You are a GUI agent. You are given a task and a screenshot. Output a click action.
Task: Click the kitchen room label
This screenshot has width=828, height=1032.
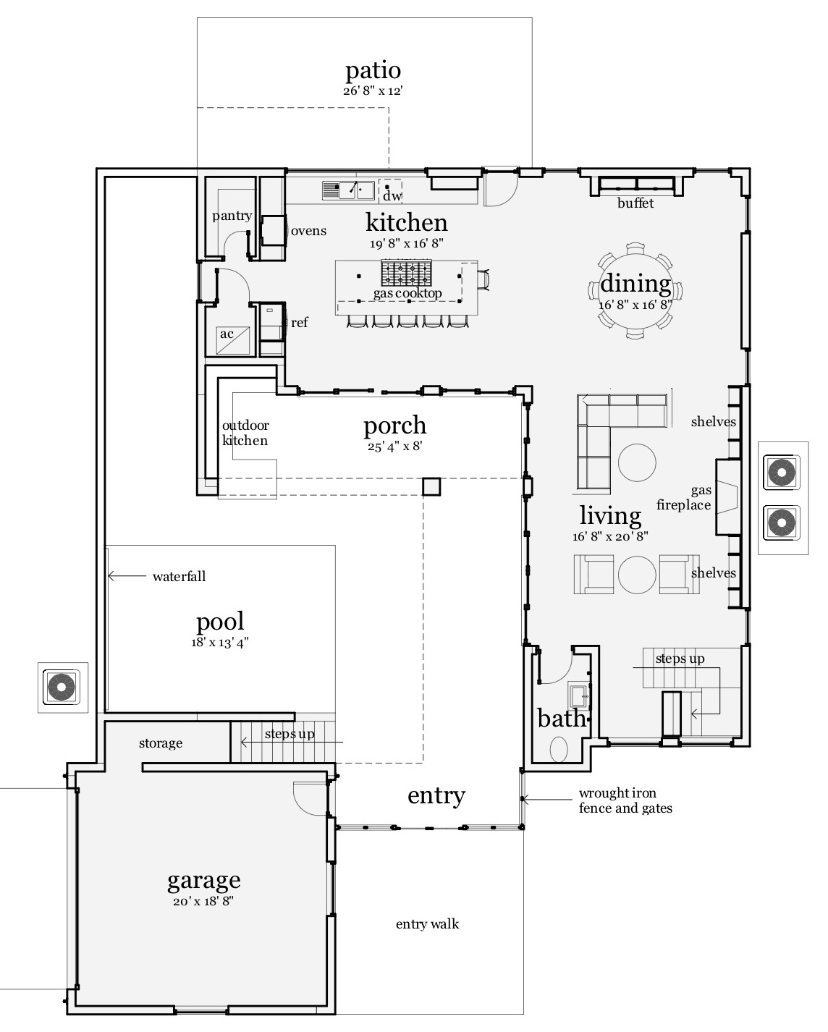pos(406,221)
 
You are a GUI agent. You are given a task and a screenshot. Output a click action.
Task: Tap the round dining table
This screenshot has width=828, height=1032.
pos(635,291)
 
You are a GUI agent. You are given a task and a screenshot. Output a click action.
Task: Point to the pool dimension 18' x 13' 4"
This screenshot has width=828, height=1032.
pos(220,642)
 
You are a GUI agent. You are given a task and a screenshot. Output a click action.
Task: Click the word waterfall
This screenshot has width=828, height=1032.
pos(179,577)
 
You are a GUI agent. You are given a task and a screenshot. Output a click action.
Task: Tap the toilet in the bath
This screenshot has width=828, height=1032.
pos(559,748)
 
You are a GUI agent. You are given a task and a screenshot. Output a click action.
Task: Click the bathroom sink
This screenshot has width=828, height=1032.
pos(579,697)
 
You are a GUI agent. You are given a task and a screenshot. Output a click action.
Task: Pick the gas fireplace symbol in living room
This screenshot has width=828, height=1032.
pos(727,497)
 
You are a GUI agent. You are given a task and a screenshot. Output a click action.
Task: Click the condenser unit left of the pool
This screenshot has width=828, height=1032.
pos(62,687)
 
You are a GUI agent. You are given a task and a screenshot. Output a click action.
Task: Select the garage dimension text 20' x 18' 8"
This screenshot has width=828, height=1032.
pos(203,902)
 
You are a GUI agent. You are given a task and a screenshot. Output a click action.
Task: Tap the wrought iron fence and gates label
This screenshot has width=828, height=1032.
pos(625,801)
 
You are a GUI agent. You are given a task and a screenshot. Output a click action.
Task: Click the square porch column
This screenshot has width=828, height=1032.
pos(431,486)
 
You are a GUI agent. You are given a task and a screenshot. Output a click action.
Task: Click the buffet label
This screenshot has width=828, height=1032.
pos(635,203)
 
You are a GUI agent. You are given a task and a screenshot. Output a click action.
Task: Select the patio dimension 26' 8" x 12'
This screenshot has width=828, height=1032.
pos(372,91)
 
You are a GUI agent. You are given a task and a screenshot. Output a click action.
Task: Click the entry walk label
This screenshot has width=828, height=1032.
pos(427,924)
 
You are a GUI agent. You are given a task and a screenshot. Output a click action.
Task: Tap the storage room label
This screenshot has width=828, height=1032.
pos(161,743)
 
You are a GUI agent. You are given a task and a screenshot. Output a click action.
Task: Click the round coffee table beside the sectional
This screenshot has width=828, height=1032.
pos(637,462)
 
